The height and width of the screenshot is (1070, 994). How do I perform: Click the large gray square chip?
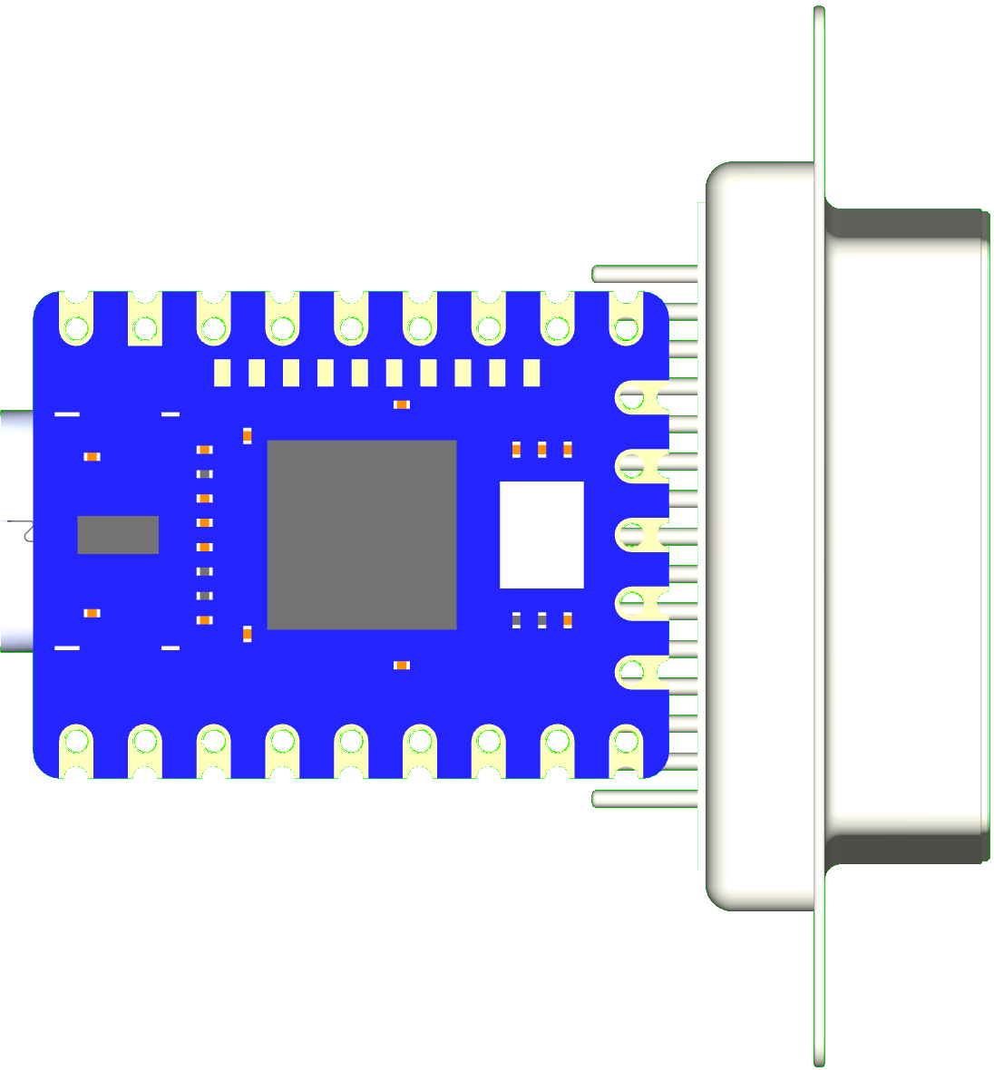(361, 535)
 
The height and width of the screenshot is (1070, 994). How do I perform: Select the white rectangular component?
(541, 535)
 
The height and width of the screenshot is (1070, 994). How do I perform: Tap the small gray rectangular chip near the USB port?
(118, 535)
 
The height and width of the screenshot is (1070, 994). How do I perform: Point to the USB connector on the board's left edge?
(16, 531)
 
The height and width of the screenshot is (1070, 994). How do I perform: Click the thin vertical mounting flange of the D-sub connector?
(819, 535)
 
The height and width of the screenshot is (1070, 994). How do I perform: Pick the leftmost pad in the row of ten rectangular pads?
(222, 373)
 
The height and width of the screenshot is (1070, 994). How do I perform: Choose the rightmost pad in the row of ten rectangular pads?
(531, 373)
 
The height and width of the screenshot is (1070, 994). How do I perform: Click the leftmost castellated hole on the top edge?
(76, 326)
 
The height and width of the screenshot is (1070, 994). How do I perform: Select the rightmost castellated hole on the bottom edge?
(626, 744)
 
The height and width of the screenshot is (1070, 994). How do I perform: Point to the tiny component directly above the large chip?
(402, 404)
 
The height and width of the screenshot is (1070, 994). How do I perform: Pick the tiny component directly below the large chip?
(402, 666)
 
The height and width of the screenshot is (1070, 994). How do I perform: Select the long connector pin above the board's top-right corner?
(644, 274)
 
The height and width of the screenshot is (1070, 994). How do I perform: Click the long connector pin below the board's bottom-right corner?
(644, 799)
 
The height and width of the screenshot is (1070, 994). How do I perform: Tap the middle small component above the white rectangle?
(542, 449)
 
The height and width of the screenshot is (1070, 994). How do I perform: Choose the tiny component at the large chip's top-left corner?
(247, 435)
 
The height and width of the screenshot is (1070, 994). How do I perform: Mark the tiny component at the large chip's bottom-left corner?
(247, 634)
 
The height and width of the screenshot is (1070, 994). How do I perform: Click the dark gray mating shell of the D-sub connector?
(907, 535)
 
